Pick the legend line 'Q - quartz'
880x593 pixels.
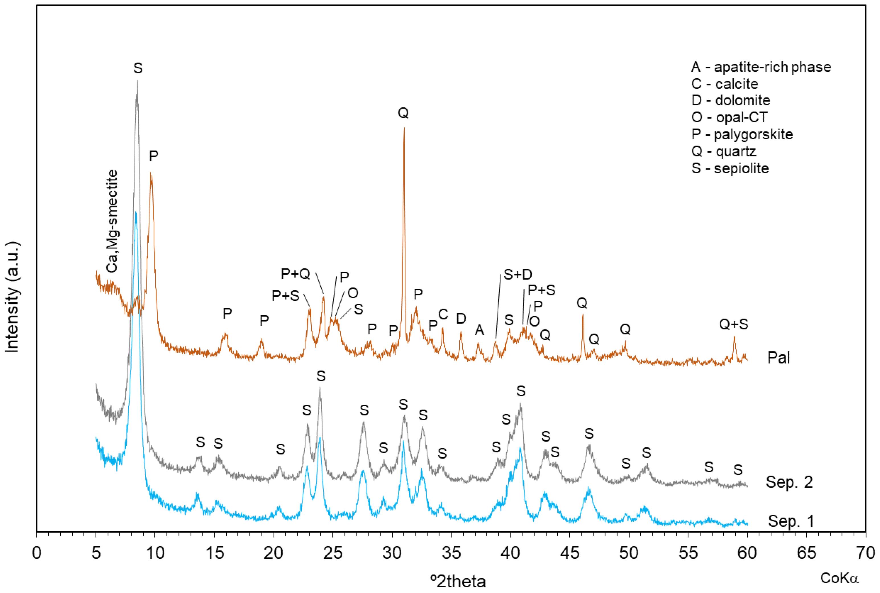click(724, 151)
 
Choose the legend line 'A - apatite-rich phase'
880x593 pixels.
click(761, 67)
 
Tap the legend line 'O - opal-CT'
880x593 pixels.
click(729, 117)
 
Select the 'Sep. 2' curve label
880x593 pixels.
click(789, 482)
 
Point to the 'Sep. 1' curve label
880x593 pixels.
click(791, 521)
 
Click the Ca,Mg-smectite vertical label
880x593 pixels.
click(112, 221)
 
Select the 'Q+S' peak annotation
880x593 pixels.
click(733, 324)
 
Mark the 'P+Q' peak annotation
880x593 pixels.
click(296, 274)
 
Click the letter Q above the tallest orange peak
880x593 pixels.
click(403, 113)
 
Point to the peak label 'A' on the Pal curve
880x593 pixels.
click(479, 330)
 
